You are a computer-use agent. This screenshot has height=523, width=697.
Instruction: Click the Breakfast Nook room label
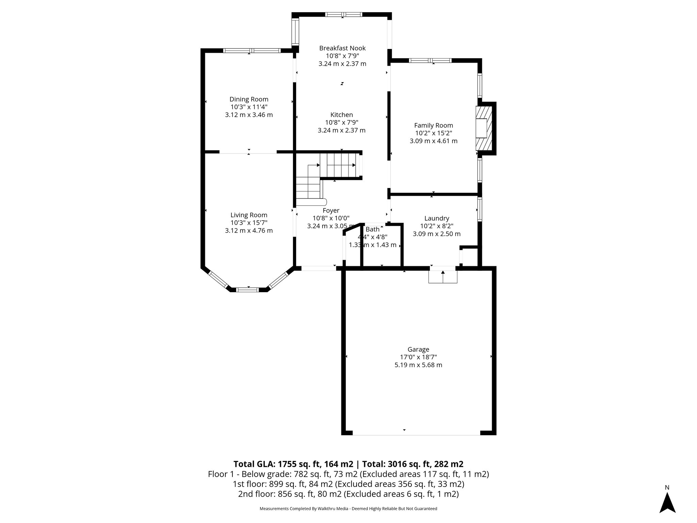click(342, 48)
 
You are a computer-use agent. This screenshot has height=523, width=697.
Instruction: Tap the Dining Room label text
click(249, 99)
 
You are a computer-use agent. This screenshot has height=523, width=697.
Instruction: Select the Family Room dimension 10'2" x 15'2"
click(433, 133)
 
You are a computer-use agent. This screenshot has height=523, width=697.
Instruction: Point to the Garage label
click(418, 349)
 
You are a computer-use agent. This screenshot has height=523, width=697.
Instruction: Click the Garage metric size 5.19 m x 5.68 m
click(418, 365)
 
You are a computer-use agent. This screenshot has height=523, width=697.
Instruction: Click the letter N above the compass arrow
click(667, 487)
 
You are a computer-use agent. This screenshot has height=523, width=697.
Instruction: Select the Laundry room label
click(437, 219)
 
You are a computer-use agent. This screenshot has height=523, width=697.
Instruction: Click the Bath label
click(372, 229)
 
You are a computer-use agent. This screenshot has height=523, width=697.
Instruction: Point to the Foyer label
click(331, 211)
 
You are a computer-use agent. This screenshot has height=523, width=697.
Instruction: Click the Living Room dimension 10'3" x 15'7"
click(249, 223)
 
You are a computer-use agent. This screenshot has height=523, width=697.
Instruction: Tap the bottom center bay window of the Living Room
click(247, 290)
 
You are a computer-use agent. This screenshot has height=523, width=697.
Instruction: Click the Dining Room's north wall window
click(252, 51)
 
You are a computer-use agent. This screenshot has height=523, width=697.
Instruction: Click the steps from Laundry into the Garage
click(442, 276)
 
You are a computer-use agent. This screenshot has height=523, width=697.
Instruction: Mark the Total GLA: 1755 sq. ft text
click(293, 464)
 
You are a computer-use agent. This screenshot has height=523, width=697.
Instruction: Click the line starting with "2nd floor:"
click(348, 494)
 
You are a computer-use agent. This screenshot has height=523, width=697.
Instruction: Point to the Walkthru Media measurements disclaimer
click(348, 509)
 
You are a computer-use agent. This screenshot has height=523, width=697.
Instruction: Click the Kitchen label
click(341, 115)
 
